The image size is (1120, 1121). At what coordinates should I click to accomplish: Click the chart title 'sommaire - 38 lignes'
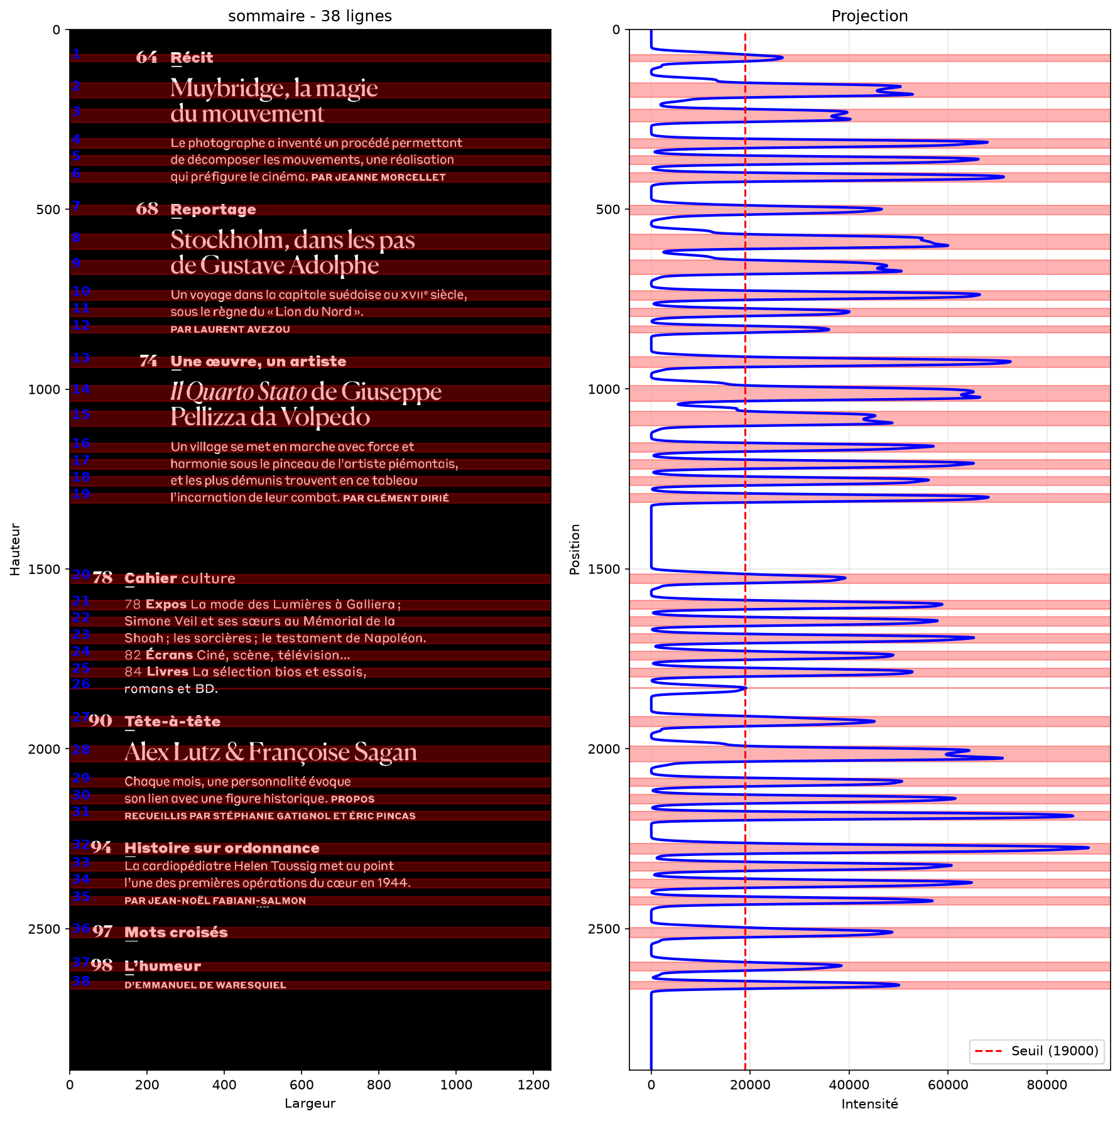pos(310,16)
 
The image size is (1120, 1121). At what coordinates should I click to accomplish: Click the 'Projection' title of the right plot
pos(869,16)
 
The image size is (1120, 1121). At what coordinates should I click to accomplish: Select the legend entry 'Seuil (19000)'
pos(1055,1051)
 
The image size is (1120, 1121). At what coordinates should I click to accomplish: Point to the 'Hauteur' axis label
pos(15,550)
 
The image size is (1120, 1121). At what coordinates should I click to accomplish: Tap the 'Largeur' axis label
pos(310,1103)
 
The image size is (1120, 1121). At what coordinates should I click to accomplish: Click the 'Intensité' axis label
pos(869,1104)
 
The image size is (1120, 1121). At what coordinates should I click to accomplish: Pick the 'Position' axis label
pos(575,550)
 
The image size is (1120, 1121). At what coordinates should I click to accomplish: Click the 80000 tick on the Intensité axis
pos(1047,1085)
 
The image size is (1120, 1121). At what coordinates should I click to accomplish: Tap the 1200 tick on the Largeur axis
pos(533,1085)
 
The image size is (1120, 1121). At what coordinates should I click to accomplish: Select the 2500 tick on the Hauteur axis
pos(44,929)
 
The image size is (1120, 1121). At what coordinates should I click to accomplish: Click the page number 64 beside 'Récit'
pos(146,58)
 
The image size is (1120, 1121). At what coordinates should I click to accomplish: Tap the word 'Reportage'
pos(213,210)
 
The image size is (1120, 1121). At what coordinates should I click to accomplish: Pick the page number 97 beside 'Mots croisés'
pos(102,932)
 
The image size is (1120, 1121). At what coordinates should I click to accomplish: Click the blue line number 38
pos(81,981)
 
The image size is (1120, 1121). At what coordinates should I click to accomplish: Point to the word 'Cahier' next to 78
pos(151,578)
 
